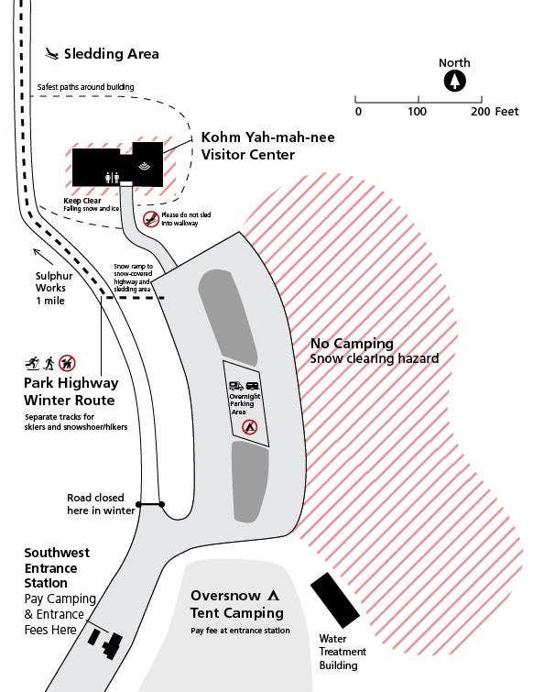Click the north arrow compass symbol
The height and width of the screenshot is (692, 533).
point(454,82)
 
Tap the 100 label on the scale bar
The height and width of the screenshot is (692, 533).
point(417,111)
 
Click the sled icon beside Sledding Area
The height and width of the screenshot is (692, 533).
point(51,54)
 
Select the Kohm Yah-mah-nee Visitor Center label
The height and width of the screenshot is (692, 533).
point(267,146)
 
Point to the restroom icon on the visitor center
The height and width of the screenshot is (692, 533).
point(112,178)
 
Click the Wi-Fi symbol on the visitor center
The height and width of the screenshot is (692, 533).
point(144,166)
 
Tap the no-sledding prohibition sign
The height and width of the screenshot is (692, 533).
point(151,219)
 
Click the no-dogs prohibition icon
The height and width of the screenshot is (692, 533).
point(67,363)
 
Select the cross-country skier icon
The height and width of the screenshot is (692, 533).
point(32,363)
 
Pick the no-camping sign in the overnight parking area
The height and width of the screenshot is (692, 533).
point(249,427)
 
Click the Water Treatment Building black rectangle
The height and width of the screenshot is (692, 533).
point(335,600)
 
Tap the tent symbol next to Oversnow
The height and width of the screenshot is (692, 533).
point(273,596)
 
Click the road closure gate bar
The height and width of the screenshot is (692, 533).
point(150,504)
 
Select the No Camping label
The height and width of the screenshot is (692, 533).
point(352,344)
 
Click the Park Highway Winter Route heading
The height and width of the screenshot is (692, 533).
point(71,391)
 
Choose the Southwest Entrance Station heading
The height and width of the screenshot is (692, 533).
point(57,567)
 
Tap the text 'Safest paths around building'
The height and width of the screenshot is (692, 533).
point(85,87)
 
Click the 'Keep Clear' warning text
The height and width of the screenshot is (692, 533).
point(82,201)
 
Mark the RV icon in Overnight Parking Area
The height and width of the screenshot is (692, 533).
point(236,386)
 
